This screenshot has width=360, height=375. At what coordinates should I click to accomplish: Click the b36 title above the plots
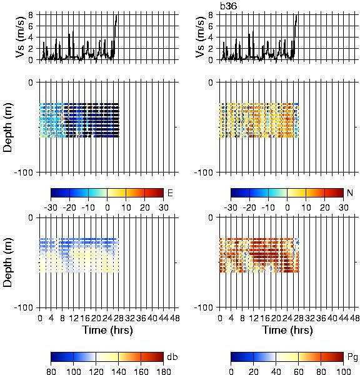coord(229,6)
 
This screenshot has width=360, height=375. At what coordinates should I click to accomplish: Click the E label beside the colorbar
coord(170,192)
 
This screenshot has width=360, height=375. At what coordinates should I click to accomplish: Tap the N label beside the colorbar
coord(350,192)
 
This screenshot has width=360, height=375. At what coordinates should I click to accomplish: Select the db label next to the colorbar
coord(172,357)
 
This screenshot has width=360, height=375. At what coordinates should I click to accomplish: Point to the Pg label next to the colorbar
coord(352,357)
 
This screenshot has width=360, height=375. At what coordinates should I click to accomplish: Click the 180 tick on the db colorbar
coord(163,371)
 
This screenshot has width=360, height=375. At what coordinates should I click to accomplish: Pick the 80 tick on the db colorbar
coord(51,371)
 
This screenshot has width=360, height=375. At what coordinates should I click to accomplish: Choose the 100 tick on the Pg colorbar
coord(344,371)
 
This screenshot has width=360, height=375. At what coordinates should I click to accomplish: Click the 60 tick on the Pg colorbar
coord(299,371)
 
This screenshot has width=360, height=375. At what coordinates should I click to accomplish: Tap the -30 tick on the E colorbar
coord(51,207)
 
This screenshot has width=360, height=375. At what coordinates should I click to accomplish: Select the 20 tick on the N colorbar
coord(324,207)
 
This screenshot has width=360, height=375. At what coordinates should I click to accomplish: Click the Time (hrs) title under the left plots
coord(107,330)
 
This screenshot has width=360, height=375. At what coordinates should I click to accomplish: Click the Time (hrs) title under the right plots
coord(287,330)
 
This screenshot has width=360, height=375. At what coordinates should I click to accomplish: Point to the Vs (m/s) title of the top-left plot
coord(21,37)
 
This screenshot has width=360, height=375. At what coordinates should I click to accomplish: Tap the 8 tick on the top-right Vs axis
coord(211,15)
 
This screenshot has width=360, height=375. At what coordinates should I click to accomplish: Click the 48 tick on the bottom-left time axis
coord(175,318)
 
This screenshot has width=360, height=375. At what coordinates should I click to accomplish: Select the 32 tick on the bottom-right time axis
coord(310,318)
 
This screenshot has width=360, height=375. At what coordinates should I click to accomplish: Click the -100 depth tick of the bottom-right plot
coord(204,307)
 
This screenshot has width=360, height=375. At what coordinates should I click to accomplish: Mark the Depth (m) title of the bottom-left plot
coord(7,262)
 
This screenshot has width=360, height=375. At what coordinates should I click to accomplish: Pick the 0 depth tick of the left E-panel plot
coord(31,82)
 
